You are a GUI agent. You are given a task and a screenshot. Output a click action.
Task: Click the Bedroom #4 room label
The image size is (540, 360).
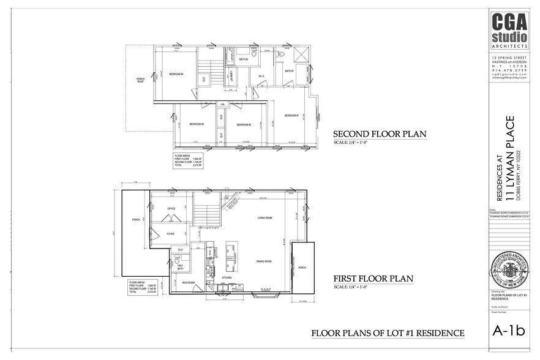pyautogui.click(x=177, y=74)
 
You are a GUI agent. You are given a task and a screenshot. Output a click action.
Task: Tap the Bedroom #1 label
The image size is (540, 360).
pyautogui.click(x=291, y=115)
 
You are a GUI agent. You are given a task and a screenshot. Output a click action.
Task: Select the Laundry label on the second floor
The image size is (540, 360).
pyautogui.click(x=231, y=76)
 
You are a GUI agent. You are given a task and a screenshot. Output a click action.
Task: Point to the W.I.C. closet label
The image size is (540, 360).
pyautogui.click(x=261, y=77)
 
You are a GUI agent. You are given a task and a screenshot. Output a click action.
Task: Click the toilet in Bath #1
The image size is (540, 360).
pyautogui.click(x=280, y=54)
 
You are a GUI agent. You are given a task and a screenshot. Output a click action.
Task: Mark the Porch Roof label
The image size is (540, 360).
pyautogui.click(x=140, y=80)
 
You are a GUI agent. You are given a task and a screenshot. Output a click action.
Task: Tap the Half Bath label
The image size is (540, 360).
pyautogui.click(x=180, y=267)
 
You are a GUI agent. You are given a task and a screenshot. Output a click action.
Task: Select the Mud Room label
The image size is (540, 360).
pyautogui.click(x=190, y=283)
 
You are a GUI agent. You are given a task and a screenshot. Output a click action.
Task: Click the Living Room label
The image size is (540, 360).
pyautogui.click(x=264, y=217)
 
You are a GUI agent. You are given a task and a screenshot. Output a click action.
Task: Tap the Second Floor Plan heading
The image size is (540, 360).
pyautogui.click(x=379, y=134)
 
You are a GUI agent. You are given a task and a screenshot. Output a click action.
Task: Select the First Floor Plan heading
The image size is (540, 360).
pyautogui.click(x=373, y=279)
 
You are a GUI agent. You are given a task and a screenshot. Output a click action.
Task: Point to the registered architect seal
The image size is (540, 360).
pyautogui.click(x=509, y=272)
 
